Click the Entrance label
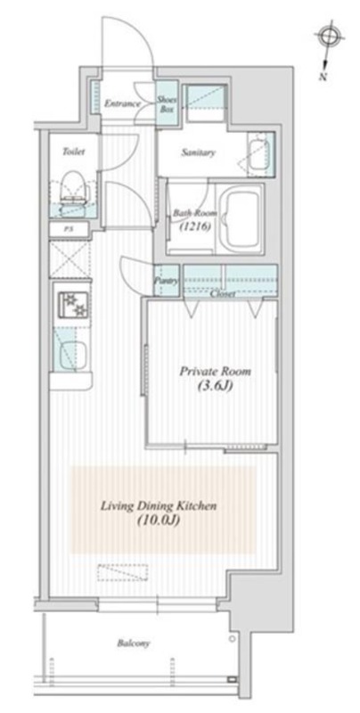click(x=122, y=103)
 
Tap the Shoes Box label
click(x=168, y=103)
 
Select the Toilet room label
click(x=73, y=152)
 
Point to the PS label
click(x=69, y=230)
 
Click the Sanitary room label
click(x=198, y=152)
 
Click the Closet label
click(x=223, y=294)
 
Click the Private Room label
click(x=215, y=371)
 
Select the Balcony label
click(x=133, y=643)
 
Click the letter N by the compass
click(x=323, y=76)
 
